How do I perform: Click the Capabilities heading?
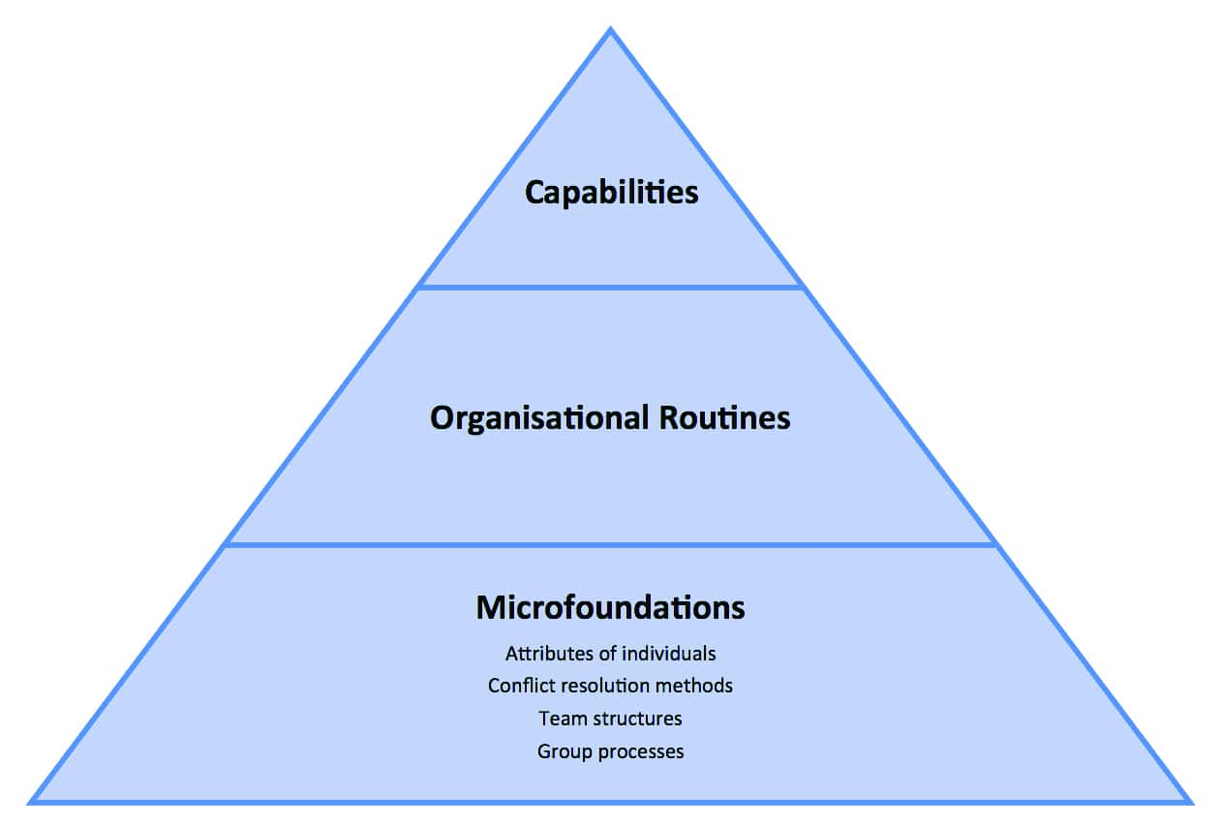tap(611, 192)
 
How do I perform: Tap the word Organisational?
tap(539, 418)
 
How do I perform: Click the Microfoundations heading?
tap(610, 607)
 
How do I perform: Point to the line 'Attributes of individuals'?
tap(610, 654)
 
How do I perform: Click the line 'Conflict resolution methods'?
tap(610, 686)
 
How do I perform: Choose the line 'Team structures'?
tap(610, 719)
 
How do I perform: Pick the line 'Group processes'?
tap(610, 751)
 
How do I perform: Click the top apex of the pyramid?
tap(610, 30)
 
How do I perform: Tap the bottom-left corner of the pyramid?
tap(32, 801)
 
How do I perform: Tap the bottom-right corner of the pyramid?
tap(1188, 801)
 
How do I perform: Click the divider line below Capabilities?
tap(611, 287)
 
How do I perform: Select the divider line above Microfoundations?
tap(610, 544)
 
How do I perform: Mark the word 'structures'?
tap(633, 719)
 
